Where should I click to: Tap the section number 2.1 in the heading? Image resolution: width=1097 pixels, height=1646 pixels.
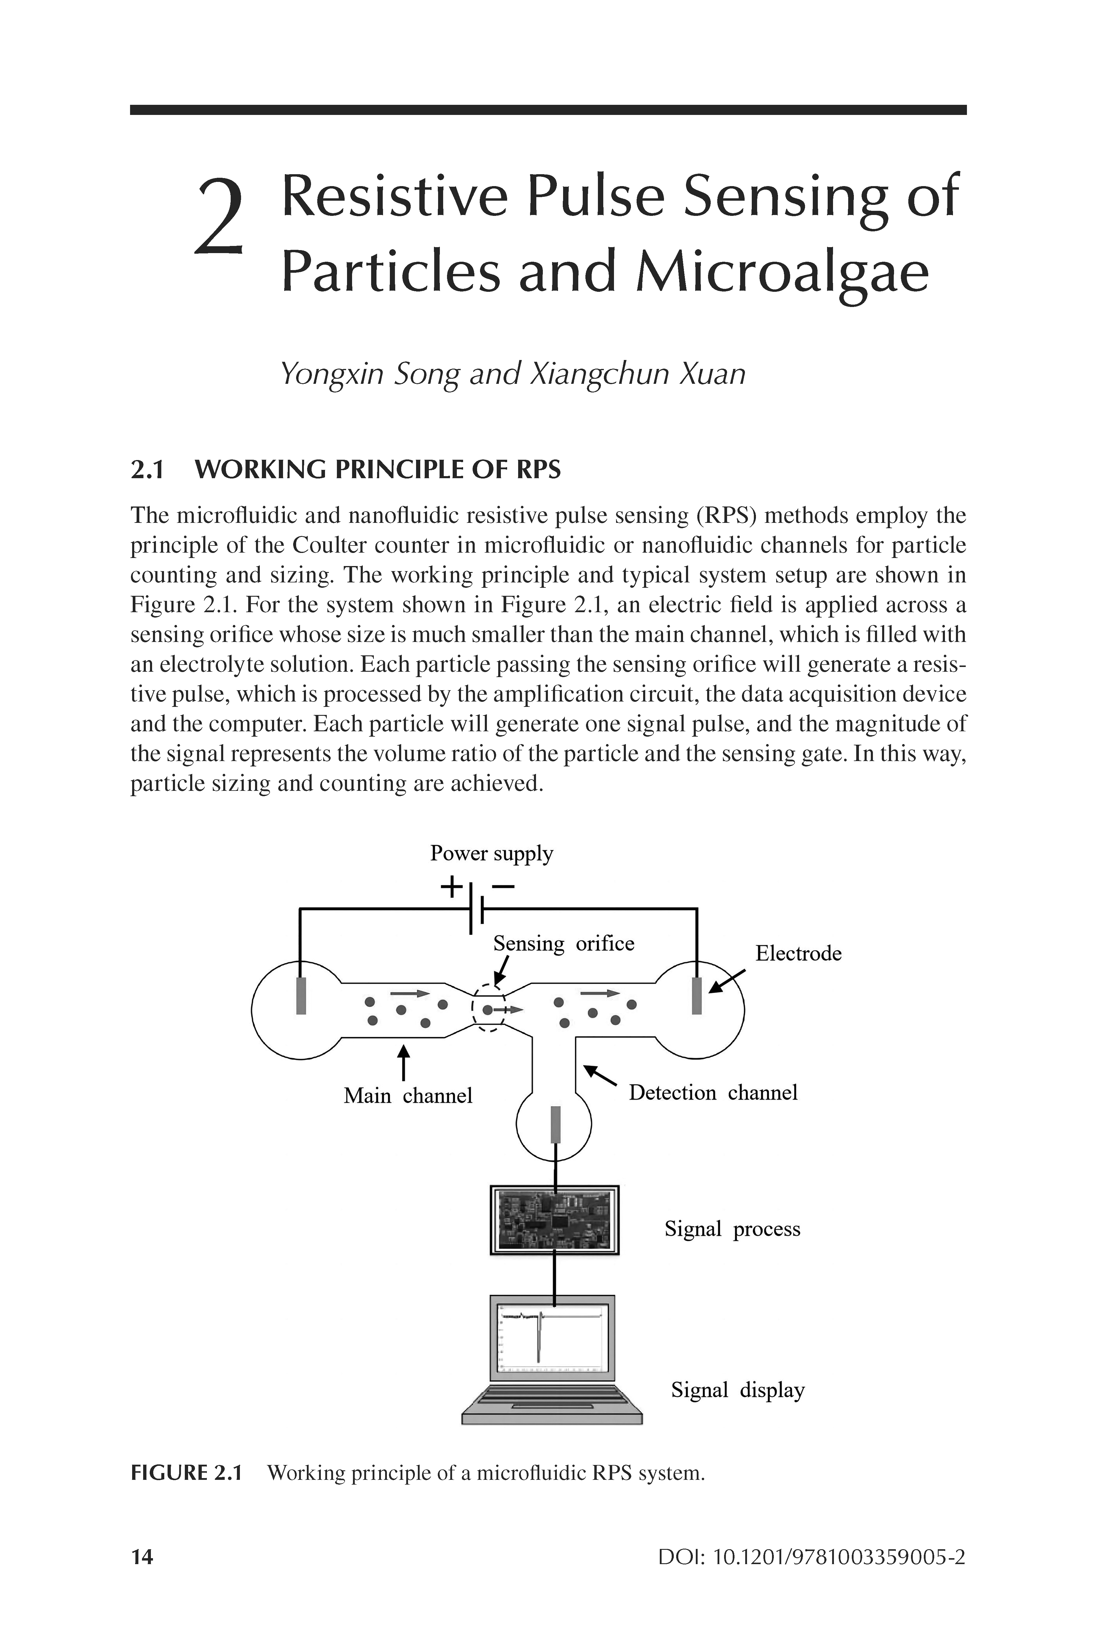tap(147, 470)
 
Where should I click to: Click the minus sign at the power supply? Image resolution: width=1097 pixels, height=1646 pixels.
tap(503, 887)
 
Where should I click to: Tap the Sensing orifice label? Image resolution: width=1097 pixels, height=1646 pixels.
tap(563, 943)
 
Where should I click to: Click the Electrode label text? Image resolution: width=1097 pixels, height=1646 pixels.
tap(798, 953)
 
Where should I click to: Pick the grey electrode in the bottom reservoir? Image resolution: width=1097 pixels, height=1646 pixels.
tap(556, 1123)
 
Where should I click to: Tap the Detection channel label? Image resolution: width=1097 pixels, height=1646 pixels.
tap(712, 1092)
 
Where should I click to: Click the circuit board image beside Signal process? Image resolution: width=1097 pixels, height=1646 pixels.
tap(555, 1220)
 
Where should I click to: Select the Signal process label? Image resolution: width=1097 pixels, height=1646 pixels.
tap(732, 1229)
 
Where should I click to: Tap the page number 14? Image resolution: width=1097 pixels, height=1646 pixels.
tap(142, 1557)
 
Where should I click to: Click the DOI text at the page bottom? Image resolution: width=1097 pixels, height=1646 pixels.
tap(812, 1557)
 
